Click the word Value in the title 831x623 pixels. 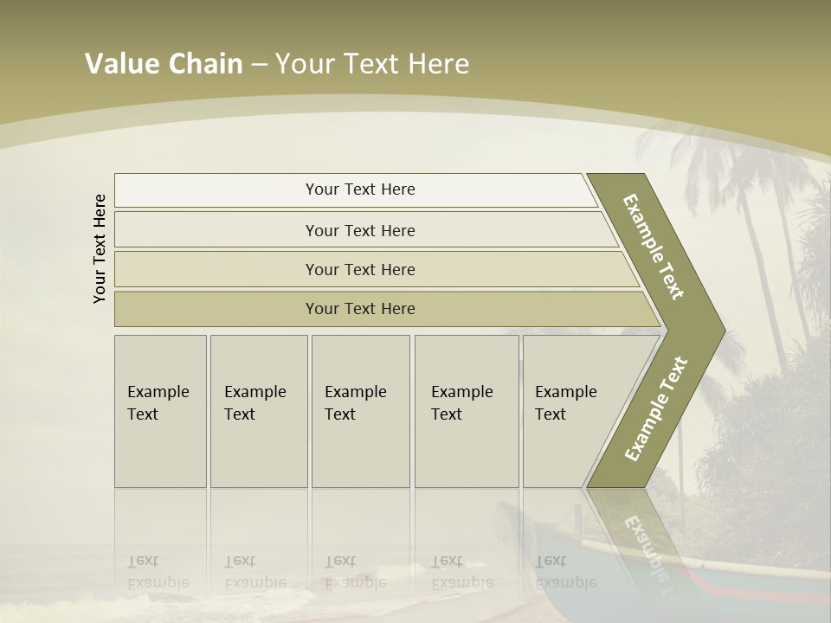(x=120, y=64)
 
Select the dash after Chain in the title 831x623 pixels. (x=259, y=65)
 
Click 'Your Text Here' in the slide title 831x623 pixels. (x=372, y=64)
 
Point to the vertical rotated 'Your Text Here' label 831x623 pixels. (x=100, y=248)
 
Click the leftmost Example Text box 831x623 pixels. (x=160, y=411)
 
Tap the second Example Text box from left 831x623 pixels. (x=259, y=411)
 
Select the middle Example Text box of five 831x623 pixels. (x=360, y=411)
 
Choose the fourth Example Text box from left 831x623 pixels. (x=467, y=411)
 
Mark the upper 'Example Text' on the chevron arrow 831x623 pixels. (x=654, y=247)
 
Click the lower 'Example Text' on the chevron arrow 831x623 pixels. (x=656, y=408)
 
